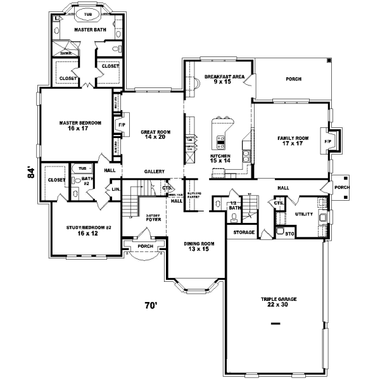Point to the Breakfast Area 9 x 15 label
(220, 79)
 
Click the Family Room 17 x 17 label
(292, 140)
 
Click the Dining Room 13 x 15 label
(196, 246)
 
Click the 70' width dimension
(149, 306)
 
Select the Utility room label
(303, 214)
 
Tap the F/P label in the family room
(327, 141)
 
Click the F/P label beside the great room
(121, 125)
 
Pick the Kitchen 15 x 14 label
(220, 158)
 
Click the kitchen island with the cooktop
(221, 139)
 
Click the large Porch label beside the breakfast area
(293, 79)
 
